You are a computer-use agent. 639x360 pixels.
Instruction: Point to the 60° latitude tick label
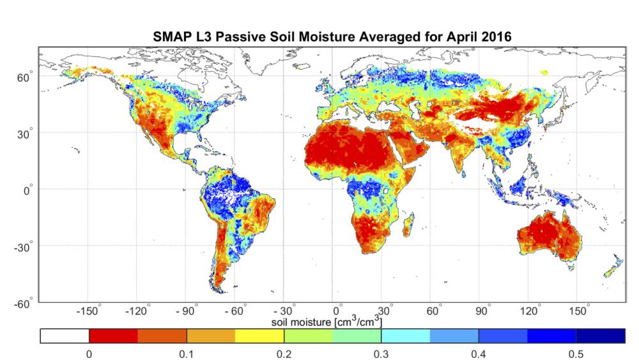(25, 77)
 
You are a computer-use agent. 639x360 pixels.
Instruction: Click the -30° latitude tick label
(23, 246)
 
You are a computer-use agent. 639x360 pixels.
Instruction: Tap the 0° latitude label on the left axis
(27, 190)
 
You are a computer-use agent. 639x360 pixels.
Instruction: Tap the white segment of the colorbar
(65, 336)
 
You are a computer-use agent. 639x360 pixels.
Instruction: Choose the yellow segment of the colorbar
(259, 336)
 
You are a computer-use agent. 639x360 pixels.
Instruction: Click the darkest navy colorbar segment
(600, 336)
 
